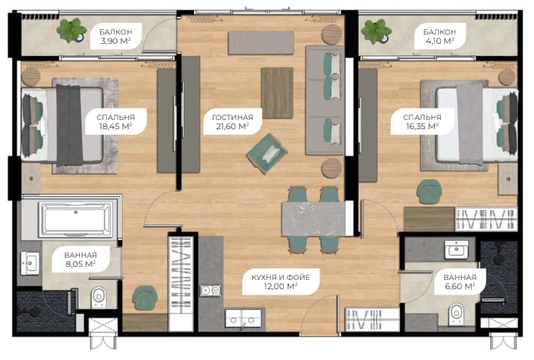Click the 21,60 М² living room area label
pos(232,122)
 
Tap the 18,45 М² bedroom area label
pos(115,122)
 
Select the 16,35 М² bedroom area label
pos(422,122)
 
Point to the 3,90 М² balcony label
pos(115,36)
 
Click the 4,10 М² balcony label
pos(439,36)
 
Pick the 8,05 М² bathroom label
pos(81,259)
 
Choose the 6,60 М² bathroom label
pos(460,282)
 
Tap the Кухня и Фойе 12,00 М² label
pos(281,282)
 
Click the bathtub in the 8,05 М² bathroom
pos(75,220)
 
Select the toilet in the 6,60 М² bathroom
pos(456,314)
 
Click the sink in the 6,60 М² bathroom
pos(456,250)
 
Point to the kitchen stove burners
pos(210,291)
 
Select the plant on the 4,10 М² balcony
pos(376,31)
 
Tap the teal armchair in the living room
pos(267,154)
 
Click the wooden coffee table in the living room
pos(277,93)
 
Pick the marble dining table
pos(313,218)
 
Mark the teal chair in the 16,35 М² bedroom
pos(429,192)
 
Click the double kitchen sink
pos(243,319)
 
